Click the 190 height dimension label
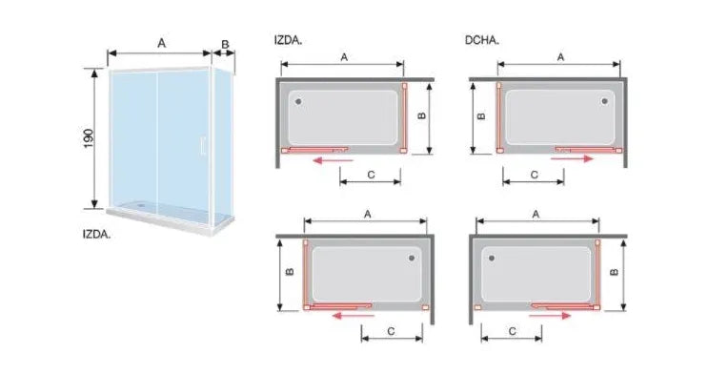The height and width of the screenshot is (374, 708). [x=89, y=138]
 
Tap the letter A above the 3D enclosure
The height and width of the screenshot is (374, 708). [x=161, y=44]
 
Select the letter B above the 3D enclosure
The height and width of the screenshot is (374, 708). [x=225, y=44]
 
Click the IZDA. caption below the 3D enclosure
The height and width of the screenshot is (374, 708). [x=96, y=235]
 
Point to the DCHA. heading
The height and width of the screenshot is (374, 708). [x=482, y=40]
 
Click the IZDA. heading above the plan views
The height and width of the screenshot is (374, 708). [x=288, y=40]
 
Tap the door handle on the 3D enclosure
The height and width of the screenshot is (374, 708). [x=202, y=145]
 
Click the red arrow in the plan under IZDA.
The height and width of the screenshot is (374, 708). [x=334, y=160]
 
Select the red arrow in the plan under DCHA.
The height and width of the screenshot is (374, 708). [x=572, y=158]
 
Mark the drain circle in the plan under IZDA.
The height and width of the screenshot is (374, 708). [x=298, y=101]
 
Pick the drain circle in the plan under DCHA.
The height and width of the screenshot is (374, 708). [x=604, y=101]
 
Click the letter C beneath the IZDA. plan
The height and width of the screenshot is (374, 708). [x=371, y=175]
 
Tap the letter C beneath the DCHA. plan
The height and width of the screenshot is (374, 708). [x=534, y=175]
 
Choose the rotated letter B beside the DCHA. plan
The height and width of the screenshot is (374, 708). [x=481, y=116]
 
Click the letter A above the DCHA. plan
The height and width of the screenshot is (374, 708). [x=560, y=57]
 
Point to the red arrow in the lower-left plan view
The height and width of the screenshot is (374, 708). [x=353, y=315]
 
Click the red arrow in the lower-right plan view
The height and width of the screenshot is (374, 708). [x=550, y=315]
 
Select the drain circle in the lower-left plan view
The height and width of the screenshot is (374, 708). [x=412, y=259]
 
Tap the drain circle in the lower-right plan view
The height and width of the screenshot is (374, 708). [x=492, y=259]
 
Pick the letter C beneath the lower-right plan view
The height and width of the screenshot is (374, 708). [x=512, y=331]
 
